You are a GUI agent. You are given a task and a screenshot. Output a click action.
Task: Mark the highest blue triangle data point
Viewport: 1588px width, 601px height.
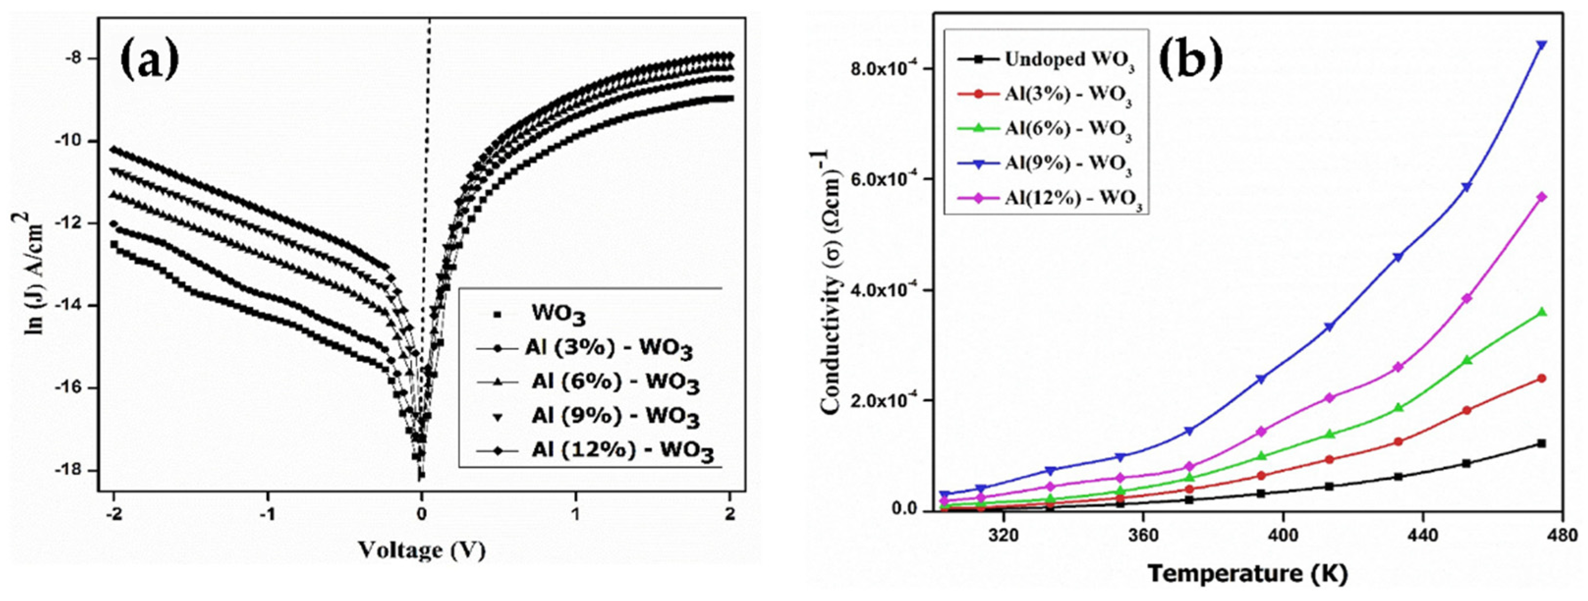tap(1541, 45)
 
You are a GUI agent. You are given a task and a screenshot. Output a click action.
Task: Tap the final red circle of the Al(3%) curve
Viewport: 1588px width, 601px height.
tap(1541, 379)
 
